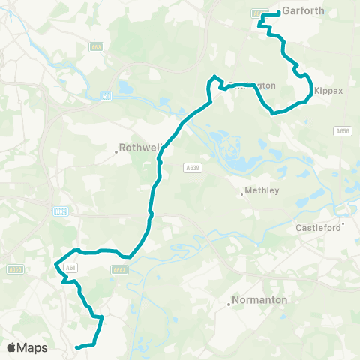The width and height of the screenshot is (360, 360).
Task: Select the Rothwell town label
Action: click(137, 148)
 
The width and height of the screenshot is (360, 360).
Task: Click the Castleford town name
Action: click(318, 227)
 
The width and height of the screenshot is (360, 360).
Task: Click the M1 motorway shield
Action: click(106, 95)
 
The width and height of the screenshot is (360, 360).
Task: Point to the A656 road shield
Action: click(343, 130)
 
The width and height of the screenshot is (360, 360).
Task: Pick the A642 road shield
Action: click(118, 269)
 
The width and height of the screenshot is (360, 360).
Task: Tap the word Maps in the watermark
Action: click(33, 348)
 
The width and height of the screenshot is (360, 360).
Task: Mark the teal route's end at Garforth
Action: click(278, 13)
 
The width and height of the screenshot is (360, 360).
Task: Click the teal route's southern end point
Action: click(78, 346)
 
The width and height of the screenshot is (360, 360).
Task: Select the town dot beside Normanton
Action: click(229, 304)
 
